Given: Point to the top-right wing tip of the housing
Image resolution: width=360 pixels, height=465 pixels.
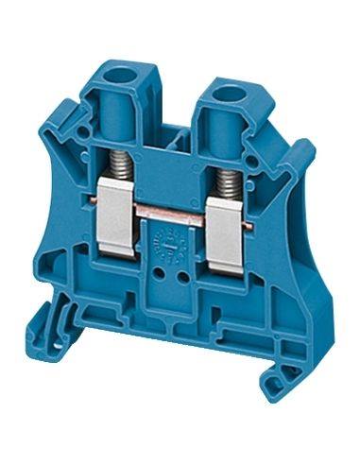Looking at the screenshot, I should click(x=307, y=146).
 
